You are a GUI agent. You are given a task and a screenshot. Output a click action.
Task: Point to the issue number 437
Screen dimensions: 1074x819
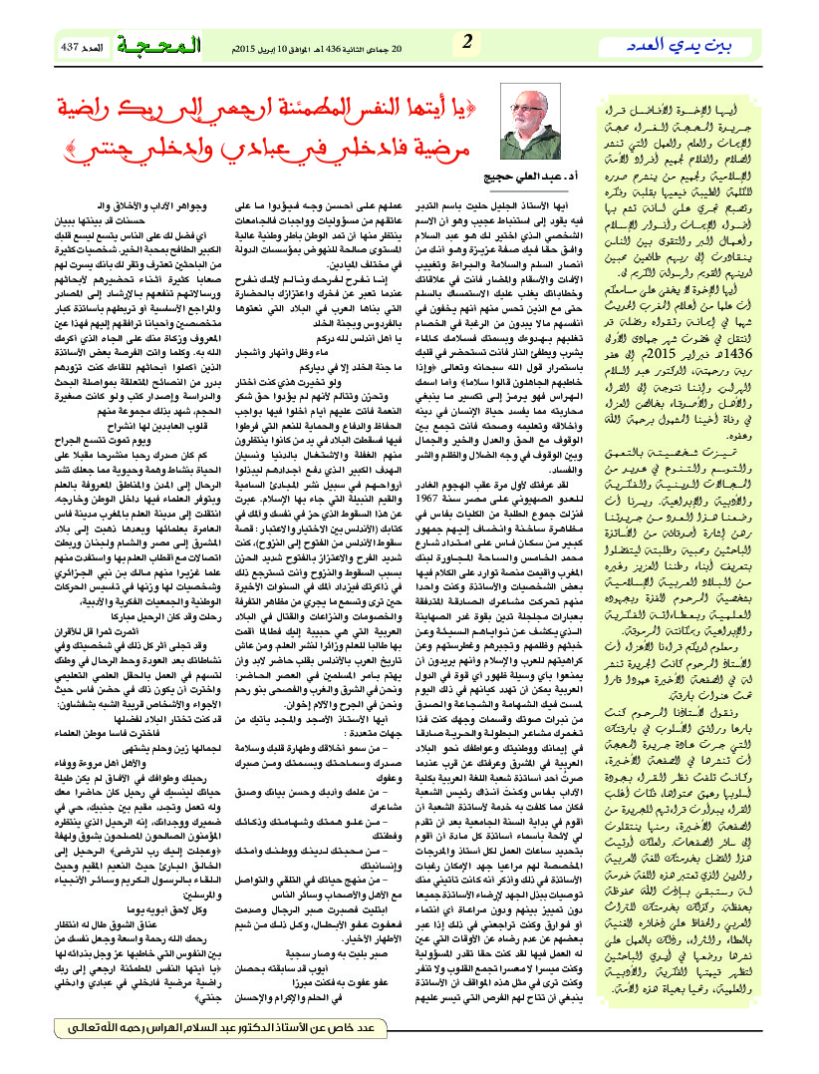tap(71, 48)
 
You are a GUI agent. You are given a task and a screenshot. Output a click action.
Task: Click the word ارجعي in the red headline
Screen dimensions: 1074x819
tap(242, 108)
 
